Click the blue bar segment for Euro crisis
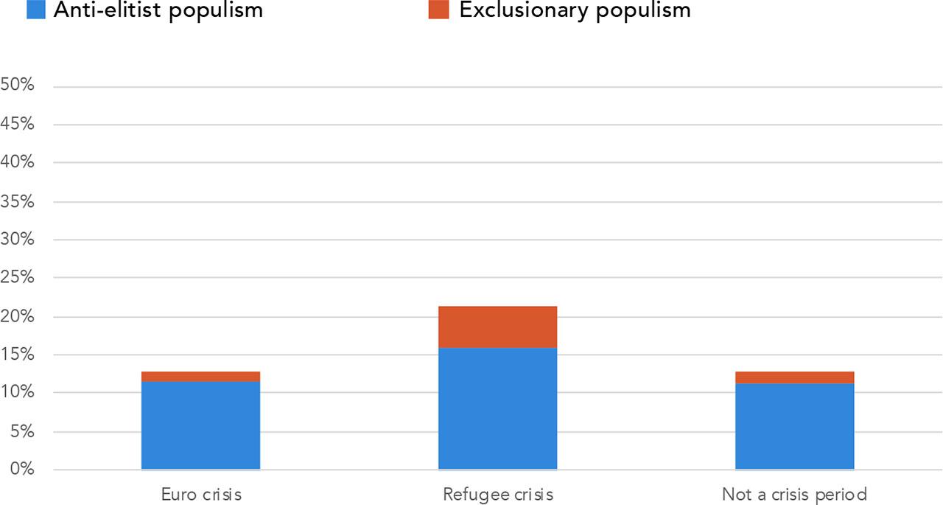[200, 425]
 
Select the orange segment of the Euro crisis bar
[200, 376]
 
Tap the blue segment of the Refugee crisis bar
[497, 408]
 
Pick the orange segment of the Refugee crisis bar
[497, 327]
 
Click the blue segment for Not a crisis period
[795, 426]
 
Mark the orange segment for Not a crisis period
[795, 377]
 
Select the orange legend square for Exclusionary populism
[438, 10]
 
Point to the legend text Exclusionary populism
[575, 10]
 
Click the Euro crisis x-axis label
[201, 494]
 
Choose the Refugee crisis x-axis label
[498, 494]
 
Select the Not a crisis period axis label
[794, 494]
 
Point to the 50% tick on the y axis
[18, 86]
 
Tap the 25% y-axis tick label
[18, 278]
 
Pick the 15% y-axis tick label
[18, 355]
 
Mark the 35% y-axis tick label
[18, 201]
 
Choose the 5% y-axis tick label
[22, 431]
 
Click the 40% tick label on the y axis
[18, 162]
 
